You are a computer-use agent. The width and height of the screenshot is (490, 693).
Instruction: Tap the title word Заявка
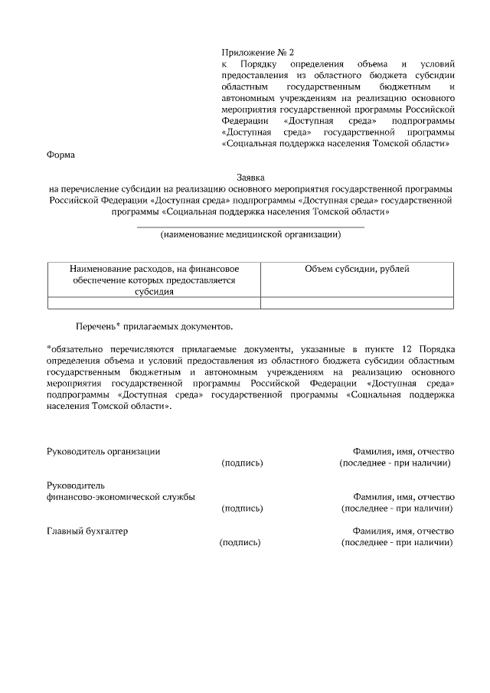click(250, 178)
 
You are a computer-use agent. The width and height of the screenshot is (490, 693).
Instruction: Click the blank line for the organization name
click(250, 227)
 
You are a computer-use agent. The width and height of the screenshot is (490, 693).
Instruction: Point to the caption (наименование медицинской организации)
click(250, 235)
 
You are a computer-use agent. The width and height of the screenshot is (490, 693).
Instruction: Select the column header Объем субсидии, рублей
click(357, 269)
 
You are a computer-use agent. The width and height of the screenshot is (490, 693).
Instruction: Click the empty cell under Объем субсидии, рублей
click(357, 302)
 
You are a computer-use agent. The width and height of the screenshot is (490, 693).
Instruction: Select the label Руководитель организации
click(103, 452)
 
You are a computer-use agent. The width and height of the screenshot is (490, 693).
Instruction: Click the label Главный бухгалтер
click(87, 531)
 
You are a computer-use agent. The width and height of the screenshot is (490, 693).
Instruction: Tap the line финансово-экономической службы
click(121, 496)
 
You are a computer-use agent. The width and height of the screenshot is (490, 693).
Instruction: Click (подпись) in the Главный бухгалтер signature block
click(240, 543)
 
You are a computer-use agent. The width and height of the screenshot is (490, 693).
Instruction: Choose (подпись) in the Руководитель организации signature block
click(242, 463)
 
